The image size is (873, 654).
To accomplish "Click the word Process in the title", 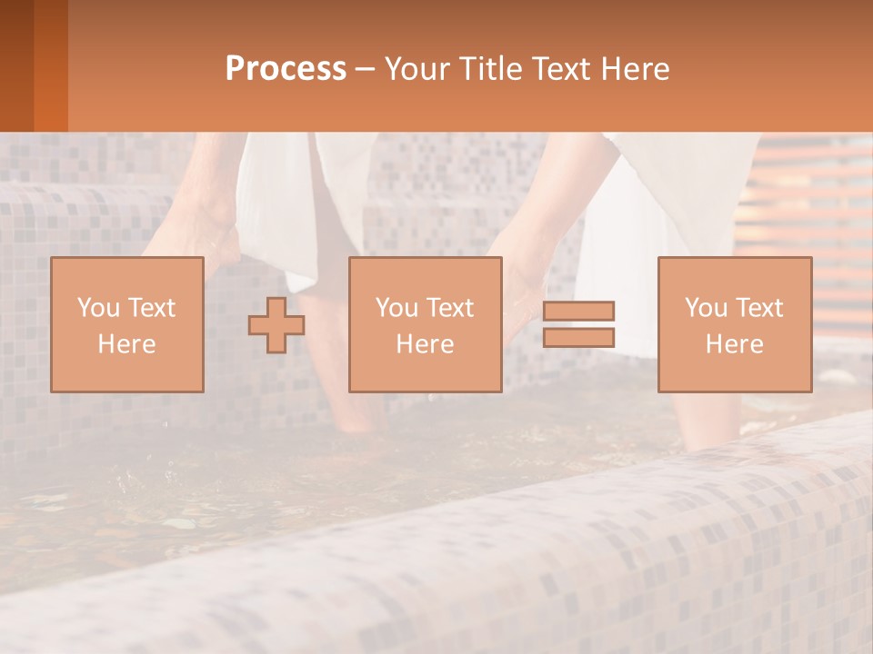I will pos(286,69).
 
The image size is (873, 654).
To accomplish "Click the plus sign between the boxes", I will pos(276,324).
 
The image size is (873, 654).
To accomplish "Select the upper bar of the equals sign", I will pos(578,311).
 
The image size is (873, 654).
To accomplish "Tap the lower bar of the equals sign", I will pos(578,337).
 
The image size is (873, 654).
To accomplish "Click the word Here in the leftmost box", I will pos(126,344).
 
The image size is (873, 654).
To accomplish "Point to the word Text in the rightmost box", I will pos(759,308).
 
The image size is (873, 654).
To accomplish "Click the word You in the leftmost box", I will pos(98,308).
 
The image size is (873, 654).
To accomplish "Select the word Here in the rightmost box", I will pos(734,344).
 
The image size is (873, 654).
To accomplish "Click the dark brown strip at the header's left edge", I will pos(16,65).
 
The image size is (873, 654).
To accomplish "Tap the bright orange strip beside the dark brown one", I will pos(51,65).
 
